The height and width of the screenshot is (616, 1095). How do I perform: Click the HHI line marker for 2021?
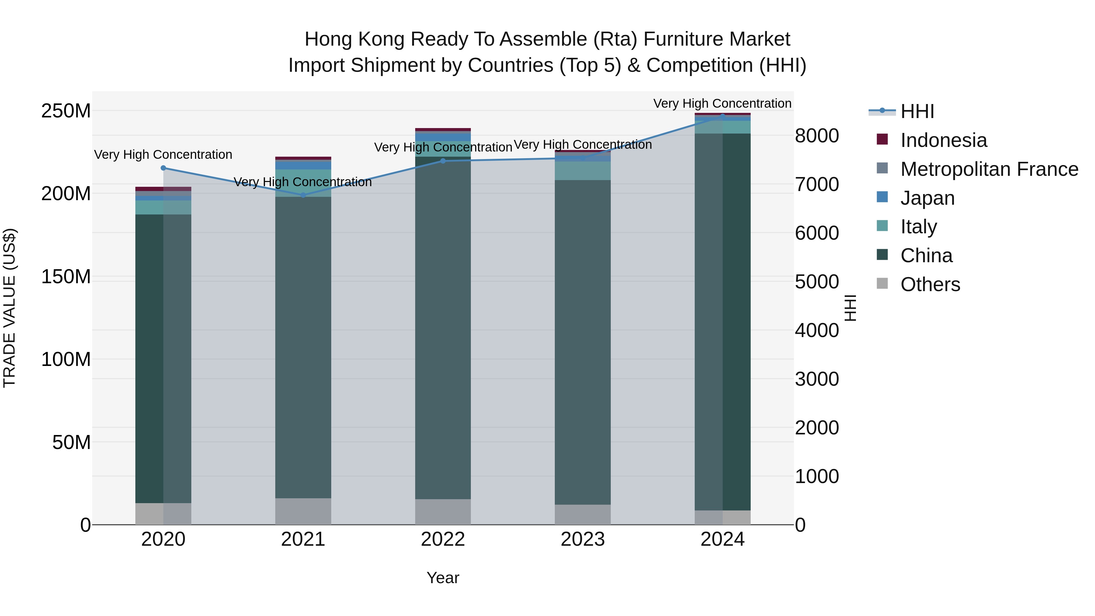pyautogui.click(x=303, y=195)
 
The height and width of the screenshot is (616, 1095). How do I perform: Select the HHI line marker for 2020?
pyautogui.click(x=163, y=168)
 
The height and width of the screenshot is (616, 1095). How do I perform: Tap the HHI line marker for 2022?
pyautogui.click(x=443, y=161)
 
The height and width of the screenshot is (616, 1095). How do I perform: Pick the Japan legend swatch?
pyautogui.click(x=882, y=197)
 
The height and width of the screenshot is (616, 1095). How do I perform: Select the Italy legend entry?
pyautogui.click(x=918, y=227)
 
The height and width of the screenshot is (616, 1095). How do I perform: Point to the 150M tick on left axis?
pyautogui.click(x=66, y=277)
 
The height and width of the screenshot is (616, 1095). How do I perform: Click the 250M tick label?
pyautogui.click(x=66, y=111)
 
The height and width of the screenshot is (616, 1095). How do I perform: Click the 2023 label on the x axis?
pyautogui.click(x=582, y=539)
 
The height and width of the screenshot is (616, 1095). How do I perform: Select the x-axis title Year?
pyautogui.click(x=443, y=578)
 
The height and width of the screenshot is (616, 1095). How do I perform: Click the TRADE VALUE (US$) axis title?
pyautogui.click(x=9, y=308)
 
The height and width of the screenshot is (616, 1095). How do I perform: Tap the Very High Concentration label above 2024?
pyautogui.click(x=722, y=103)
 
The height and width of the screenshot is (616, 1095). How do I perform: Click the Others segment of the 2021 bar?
pyautogui.click(x=303, y=511)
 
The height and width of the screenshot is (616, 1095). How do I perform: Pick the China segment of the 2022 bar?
pyautogui.click(x=443, y=327)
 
